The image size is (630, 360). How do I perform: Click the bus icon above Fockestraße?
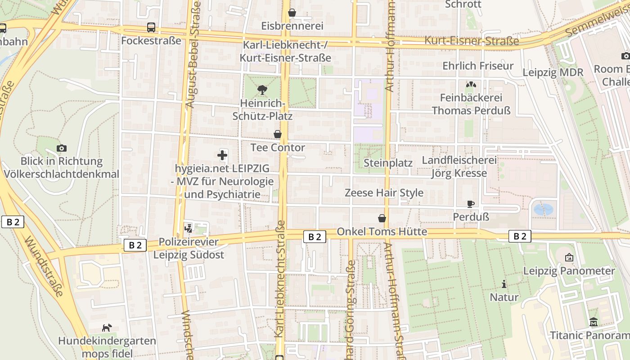pos(151,27)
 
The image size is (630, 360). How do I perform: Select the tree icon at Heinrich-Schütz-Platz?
pos(262,90)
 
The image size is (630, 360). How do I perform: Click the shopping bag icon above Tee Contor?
pos(278,134)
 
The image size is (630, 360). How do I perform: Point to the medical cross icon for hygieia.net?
pos(222,156)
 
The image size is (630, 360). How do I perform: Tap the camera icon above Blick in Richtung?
pos(62,148)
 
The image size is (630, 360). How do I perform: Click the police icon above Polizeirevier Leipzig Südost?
pos(189,228)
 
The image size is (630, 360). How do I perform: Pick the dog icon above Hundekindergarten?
pos(107,328)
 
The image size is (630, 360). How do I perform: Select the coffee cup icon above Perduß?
pos(471,204)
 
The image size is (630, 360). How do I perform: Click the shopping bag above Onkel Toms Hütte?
pos(382,218)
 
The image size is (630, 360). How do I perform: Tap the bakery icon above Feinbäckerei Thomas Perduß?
pos(471,84)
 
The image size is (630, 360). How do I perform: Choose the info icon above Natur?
pos(504,284)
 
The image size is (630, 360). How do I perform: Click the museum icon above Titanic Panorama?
pos(594,322)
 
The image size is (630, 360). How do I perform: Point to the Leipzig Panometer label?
pos(569,271)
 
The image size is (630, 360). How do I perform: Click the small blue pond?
pos(543,209)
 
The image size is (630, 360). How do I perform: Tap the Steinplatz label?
pos(388,163)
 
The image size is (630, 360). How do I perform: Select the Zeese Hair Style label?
pos(384,193)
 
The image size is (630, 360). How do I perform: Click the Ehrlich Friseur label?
pos(478,66)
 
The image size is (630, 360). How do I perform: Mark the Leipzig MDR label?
pos(553,72)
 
